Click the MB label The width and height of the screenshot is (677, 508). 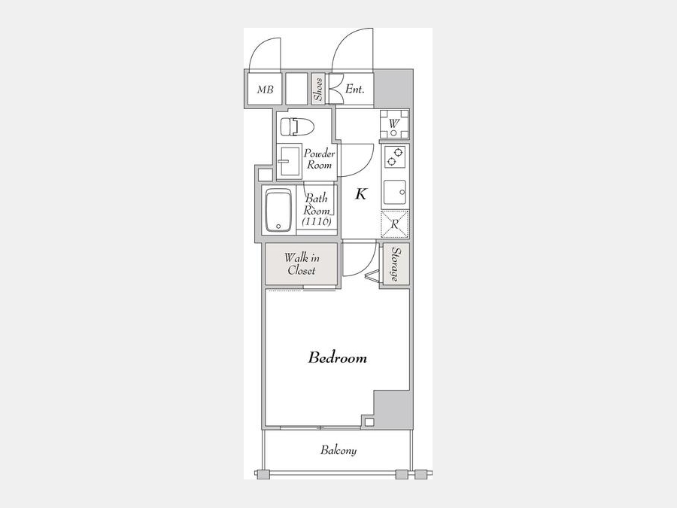click(265, 90)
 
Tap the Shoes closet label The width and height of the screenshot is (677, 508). click(319, 89)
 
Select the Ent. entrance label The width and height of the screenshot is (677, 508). click(355, 89)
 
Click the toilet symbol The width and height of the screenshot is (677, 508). click(297, 127)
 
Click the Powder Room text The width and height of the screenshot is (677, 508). click(320, 159)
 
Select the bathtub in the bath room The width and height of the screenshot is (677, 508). click(279, 211)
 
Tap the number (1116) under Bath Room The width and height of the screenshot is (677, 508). click(317, 221)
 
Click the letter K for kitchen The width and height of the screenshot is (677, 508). click(361, 194)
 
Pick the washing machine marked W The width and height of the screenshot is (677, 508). click(393, 124)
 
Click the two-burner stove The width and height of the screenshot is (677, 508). click(395, 157)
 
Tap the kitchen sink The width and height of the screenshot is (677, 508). click(395, 192)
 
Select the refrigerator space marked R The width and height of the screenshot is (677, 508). click(395, 224)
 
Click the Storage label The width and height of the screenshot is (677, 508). click(395, 264)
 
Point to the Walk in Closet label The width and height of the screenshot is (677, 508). click(302, 264)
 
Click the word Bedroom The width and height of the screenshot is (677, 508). click(338, 357)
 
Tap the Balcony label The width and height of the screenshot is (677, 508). click(338, 450)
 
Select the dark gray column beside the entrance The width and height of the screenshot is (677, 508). click(392, 89)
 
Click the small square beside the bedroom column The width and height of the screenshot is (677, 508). click(369, 422)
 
